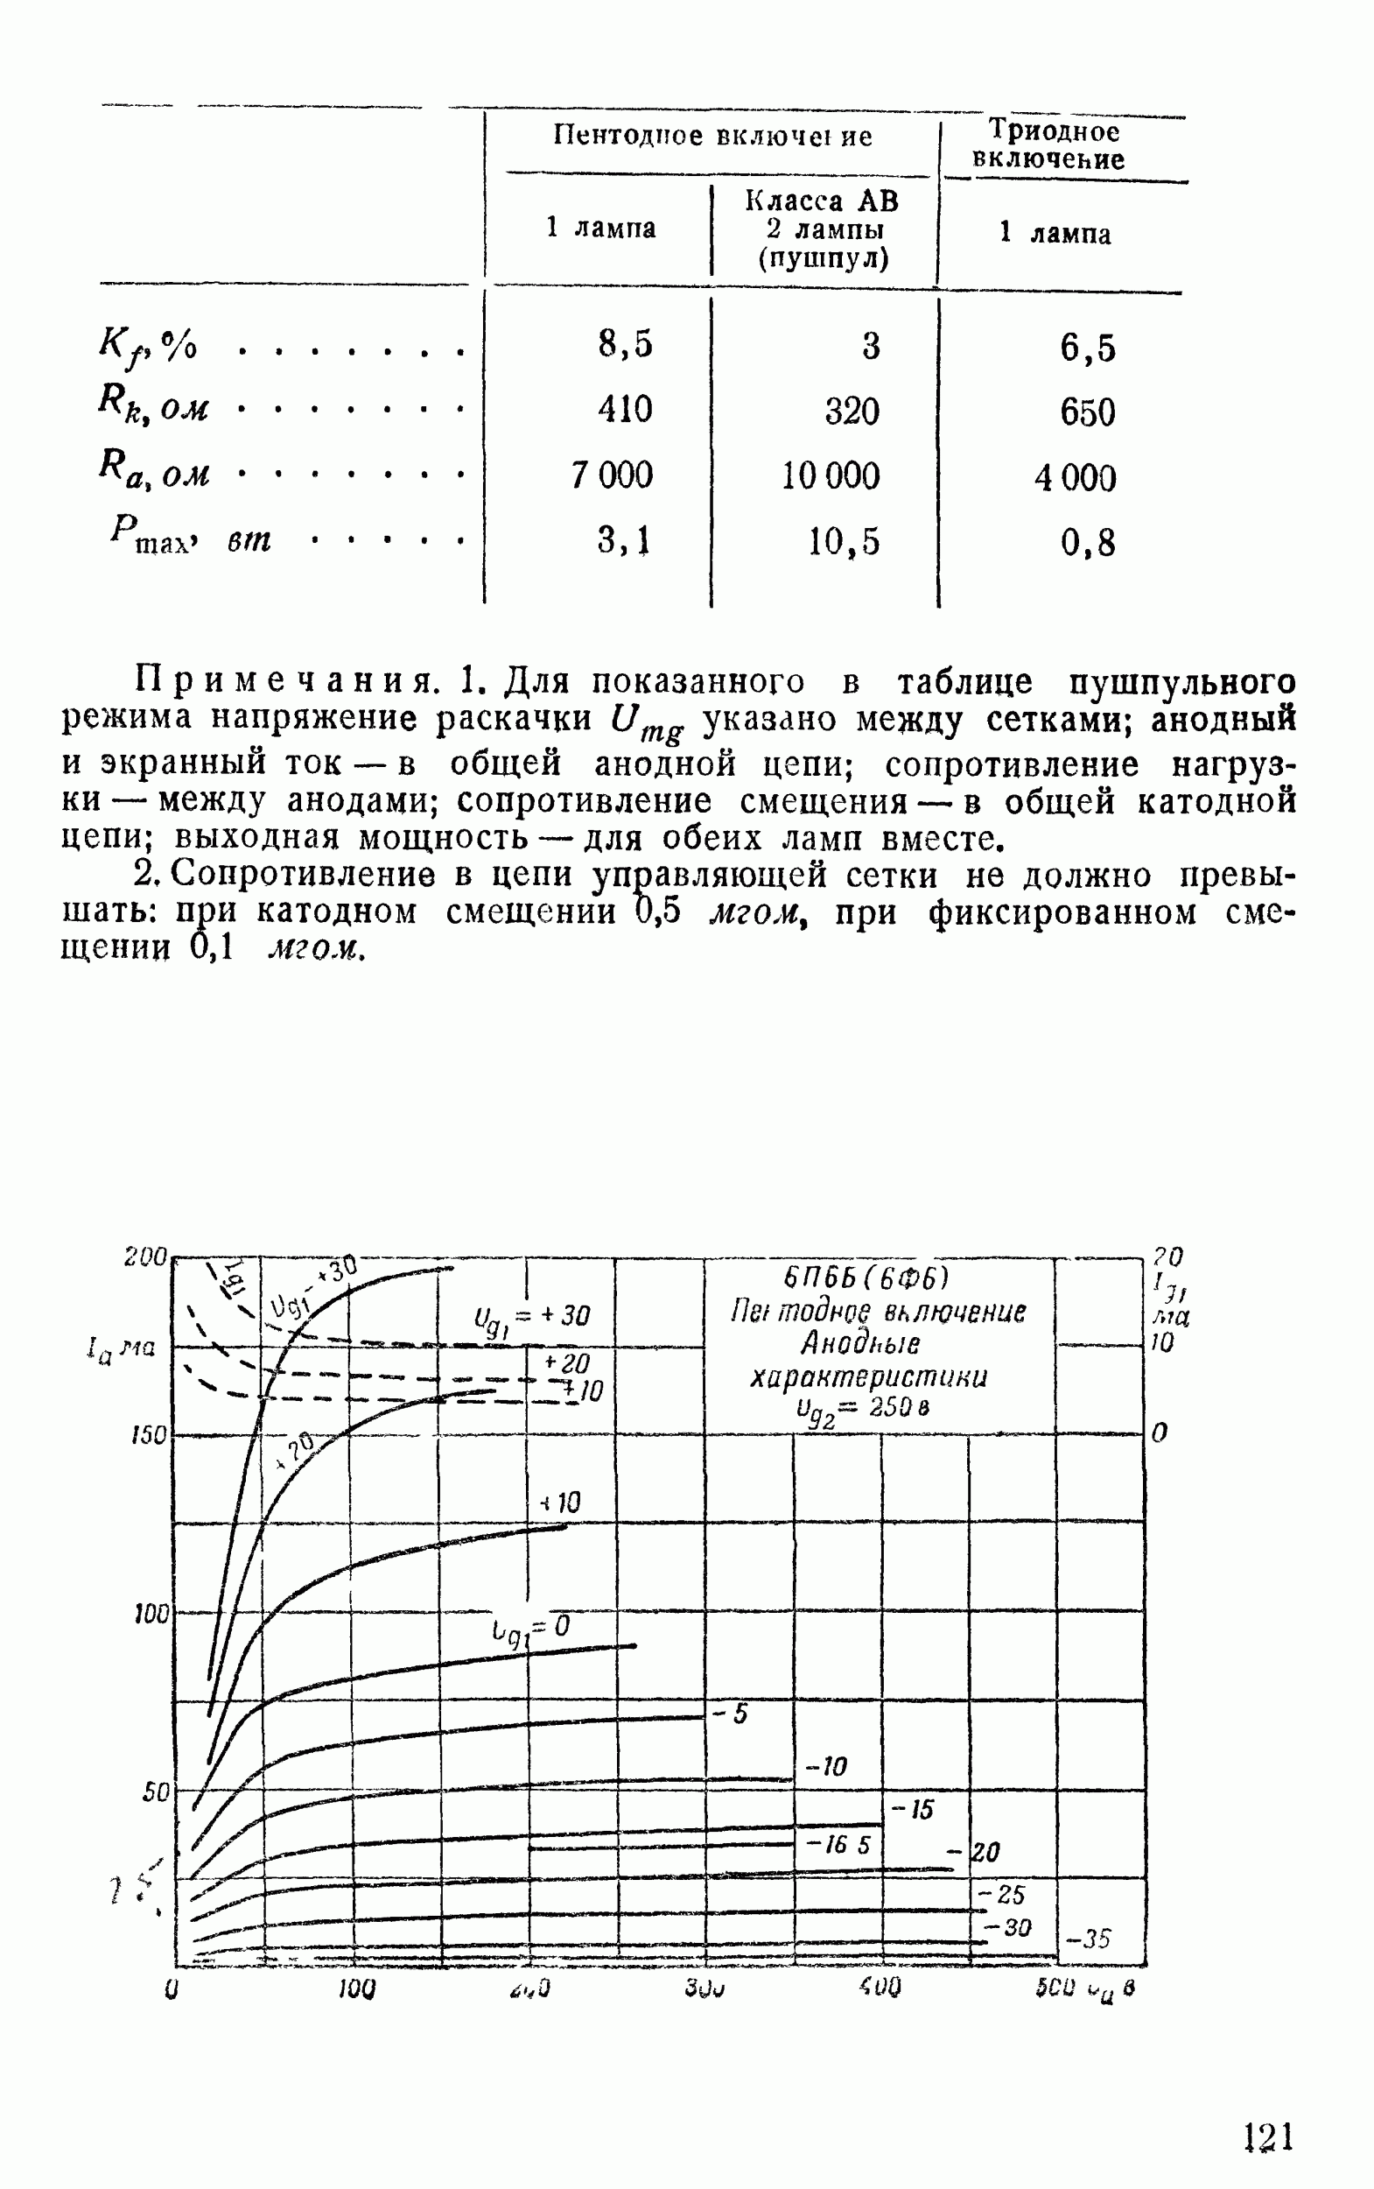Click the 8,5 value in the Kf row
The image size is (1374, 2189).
tap(625, 344)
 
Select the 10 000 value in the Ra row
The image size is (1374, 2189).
tap(831, 476)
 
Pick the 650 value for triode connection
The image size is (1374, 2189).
tap(1087, 412)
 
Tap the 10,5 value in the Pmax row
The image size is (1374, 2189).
tap(845, 542)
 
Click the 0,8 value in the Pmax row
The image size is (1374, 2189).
tap(1087, 543)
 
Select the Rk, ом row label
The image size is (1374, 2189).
tap(152, 404)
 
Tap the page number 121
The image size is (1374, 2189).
tap(1268, 2136)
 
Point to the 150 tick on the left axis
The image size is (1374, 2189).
tap(147, 1436)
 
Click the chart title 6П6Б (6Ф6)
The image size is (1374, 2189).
tap(866, 1278)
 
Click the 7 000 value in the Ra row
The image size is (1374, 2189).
tap(612, 475)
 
